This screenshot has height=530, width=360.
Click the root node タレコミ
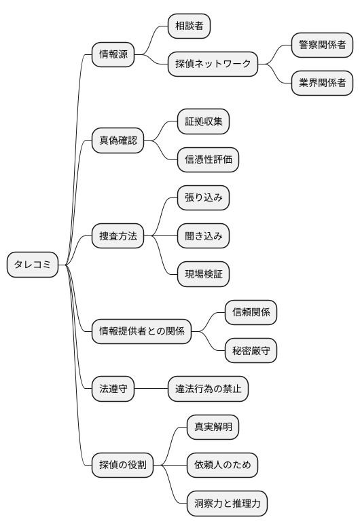(33, 265)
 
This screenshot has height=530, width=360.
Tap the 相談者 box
(190, 27)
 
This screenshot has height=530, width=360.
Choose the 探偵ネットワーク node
(213, 65)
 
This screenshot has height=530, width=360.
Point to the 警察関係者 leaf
(322, 46)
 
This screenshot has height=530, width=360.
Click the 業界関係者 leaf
(322, 83)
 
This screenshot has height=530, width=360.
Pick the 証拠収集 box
(203, 122)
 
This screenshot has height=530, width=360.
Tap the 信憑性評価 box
(208, 160)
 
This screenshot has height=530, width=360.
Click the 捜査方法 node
(118, 236)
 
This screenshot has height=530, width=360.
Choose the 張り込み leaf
(203, 198)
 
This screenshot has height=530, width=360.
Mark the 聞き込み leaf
(203, 236)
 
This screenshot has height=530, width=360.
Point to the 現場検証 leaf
(203, 274)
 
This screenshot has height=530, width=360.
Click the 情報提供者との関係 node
(141, 332)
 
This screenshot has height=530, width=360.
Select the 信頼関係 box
(251, 313)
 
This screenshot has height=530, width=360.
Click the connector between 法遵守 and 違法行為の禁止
(151, 390)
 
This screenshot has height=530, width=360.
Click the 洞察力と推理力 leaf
(227, 504)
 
